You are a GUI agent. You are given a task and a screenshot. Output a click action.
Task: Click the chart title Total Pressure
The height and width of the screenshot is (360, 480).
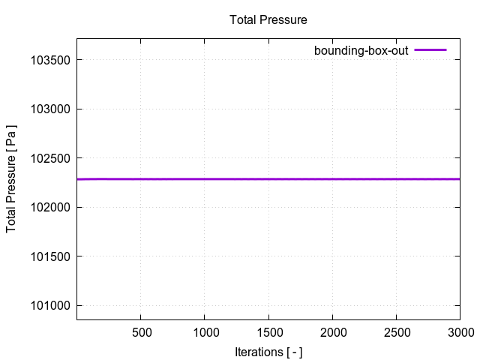click(268, 19)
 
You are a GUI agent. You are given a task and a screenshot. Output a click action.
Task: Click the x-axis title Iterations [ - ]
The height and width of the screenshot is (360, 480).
click(268, 351)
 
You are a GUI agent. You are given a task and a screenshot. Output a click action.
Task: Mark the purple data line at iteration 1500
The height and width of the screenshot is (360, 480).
click(268, 179)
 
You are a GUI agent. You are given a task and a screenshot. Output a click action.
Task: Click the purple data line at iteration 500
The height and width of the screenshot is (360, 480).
click(141, 179)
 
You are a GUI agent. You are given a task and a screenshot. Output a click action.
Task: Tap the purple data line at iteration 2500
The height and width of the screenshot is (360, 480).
click(396, 179)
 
